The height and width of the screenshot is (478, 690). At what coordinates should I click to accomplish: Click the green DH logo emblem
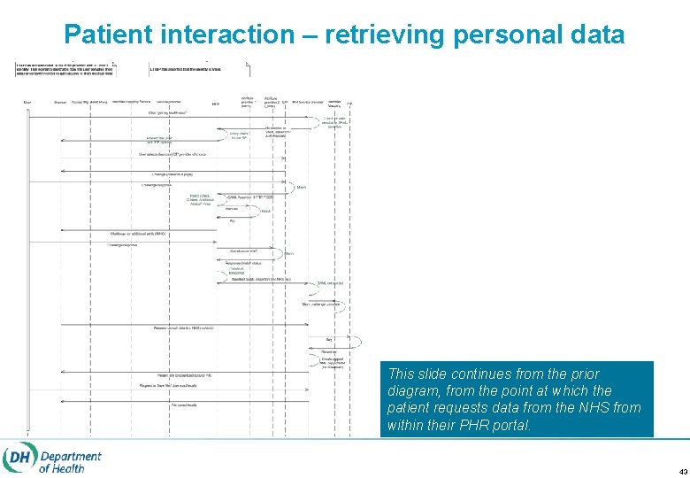point(18,458)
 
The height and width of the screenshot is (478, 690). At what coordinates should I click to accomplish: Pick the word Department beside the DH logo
point(70,456)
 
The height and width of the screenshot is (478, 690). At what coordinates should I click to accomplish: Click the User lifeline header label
point(27,103)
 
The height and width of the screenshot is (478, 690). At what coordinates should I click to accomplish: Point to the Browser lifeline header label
point(59,103)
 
